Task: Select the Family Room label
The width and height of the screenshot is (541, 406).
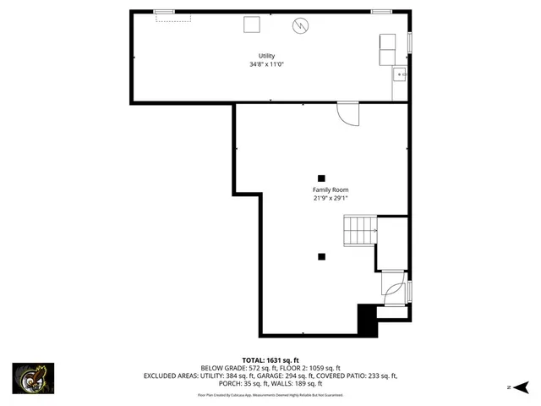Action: tap(331, 190)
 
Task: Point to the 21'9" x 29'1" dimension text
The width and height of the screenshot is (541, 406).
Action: tap(331, 199)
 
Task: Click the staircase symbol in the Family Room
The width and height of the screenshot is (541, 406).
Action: tap(359, 229)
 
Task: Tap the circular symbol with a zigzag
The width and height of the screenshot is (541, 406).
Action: tap(300, 25)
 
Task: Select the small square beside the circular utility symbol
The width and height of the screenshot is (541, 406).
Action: tap(252, 25)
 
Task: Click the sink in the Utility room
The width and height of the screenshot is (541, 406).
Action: tap(400, 75)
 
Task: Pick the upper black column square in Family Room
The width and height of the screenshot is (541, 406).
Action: tap(321, 178)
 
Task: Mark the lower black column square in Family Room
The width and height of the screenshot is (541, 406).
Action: tap(321, 255)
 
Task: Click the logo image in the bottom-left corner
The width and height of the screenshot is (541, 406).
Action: tap(33, 378)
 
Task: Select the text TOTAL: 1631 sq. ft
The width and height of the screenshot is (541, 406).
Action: tap(270, 359)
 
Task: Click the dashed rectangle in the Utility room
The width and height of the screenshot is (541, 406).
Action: tap(173, 17)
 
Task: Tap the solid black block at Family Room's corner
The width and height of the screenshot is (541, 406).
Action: tap(367, 321)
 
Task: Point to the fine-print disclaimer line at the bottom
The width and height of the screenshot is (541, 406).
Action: tap(270, 394)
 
